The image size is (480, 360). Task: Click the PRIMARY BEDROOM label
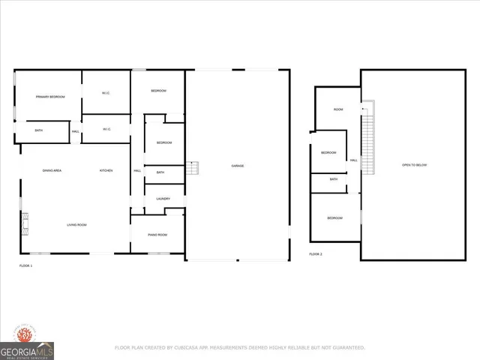pos(50,97)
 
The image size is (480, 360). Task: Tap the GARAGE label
pos(237,166)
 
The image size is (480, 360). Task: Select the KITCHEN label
pos(106,171)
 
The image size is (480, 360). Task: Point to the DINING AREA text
pos(52,171)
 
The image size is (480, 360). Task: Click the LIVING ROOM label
pos(77,225)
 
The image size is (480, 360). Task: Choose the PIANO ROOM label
pos(157,235)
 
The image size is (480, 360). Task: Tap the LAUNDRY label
pos(163,199)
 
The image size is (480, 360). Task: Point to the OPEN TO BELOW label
pos(414,165)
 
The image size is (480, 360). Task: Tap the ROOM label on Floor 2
pos(338,110)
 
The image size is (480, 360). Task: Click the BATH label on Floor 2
pos(334,179)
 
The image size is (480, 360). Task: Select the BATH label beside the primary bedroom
pos(39,131)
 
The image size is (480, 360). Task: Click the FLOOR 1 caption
pos(25,265)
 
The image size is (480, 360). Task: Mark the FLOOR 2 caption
pos(316,254)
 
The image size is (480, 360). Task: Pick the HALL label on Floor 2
pos(353,160)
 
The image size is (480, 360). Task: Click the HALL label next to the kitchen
pos(137,171)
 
